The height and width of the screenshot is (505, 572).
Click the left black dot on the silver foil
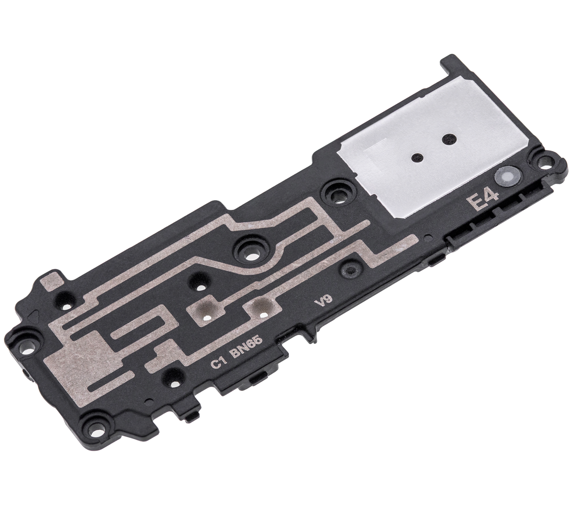[416, 158]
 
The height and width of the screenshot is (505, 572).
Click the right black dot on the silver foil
[447, 139]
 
